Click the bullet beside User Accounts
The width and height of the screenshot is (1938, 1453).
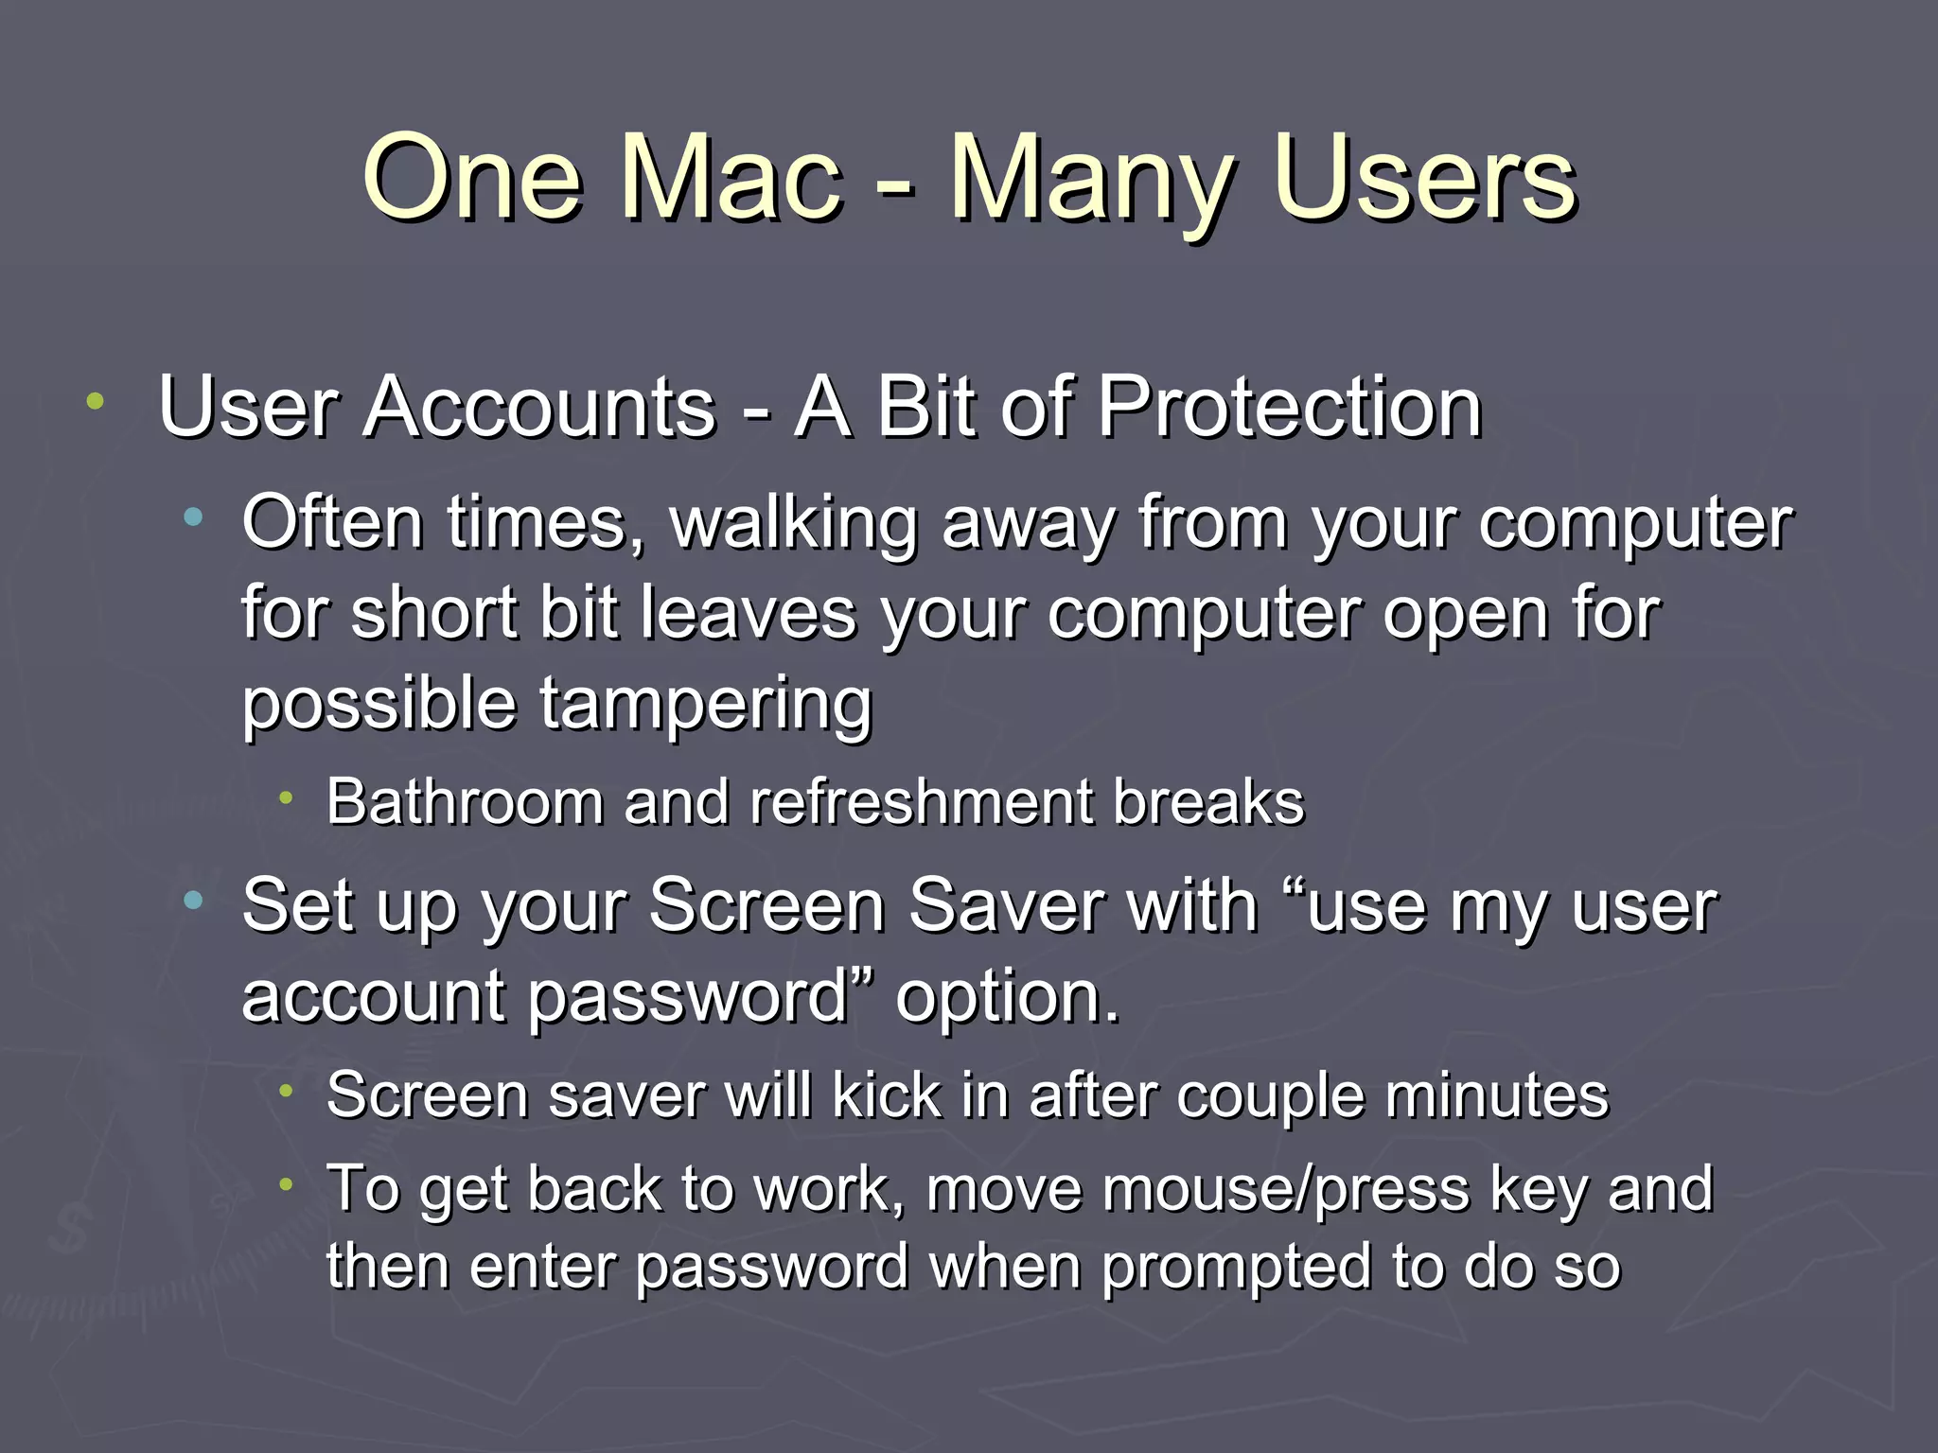point(95,402)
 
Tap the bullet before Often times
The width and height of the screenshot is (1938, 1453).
point(194,516)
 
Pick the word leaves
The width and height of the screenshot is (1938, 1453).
point(748,613)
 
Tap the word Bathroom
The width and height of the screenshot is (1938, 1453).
point(465,802)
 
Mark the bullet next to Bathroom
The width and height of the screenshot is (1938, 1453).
point(288,799)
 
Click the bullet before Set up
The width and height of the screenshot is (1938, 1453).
point(194,901)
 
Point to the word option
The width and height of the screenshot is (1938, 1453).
point(1007,998)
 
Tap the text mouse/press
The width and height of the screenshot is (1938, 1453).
point(1198,1189)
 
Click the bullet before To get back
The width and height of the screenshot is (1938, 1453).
point(288,1184)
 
